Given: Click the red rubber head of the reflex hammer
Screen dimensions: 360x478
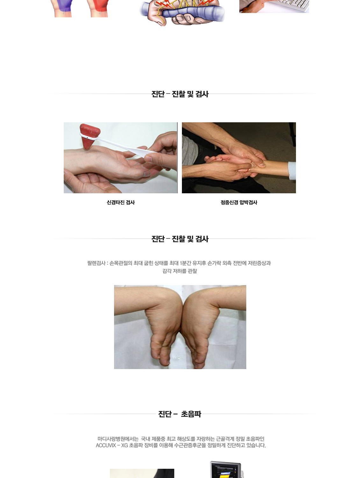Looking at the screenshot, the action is pos(89,135).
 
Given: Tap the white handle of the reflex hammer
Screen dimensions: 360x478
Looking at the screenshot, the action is pos(122,145).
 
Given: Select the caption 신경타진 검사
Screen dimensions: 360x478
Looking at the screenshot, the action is pos(120,202).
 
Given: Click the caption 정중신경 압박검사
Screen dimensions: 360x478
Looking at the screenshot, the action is pos(239,202).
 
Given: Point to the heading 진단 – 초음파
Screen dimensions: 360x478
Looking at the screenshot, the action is pos(180,414).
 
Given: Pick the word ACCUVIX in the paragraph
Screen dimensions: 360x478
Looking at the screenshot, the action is pos(106,445).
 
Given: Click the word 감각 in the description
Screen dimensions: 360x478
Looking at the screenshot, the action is pos(167,271).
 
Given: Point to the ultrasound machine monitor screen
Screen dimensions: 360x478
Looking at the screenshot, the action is pos(226,470).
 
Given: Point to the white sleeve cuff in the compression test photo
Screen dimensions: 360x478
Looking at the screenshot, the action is pos(292,170).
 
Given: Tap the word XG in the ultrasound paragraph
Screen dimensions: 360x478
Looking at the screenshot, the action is pos(124,445).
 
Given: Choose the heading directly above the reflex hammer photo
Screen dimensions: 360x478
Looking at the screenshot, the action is pos(180,94).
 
